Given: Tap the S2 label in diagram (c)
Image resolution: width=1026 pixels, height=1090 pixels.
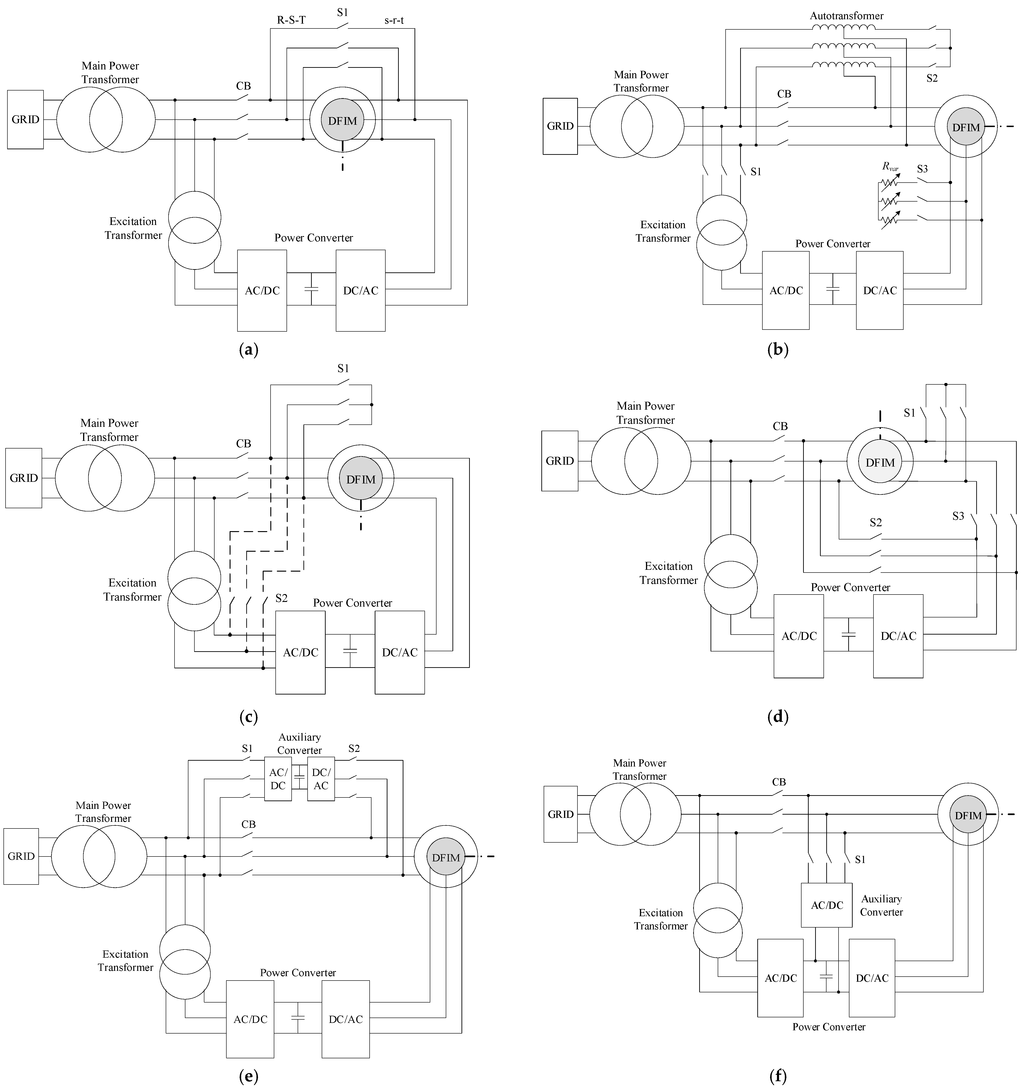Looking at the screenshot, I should coord(281,598).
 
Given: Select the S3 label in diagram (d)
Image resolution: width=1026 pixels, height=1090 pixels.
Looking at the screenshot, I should coord(958,516).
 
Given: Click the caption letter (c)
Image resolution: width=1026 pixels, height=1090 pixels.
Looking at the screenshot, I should coord(248,717).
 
